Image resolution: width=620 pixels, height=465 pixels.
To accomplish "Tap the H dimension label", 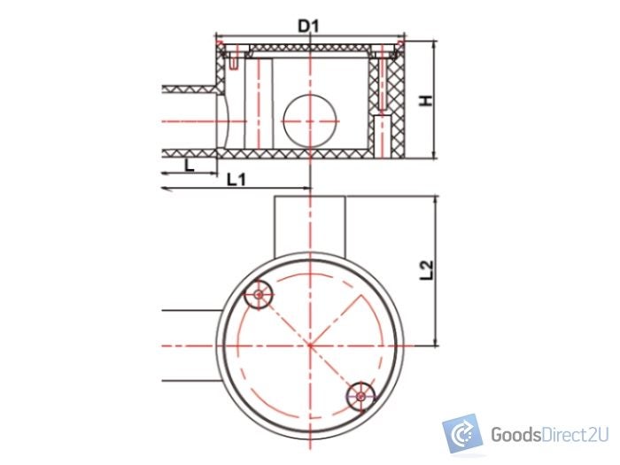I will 427,101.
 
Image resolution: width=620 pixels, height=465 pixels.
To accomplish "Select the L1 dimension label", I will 236,180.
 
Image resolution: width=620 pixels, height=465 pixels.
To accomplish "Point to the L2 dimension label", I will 426,270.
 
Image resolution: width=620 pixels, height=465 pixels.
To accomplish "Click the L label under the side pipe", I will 188,164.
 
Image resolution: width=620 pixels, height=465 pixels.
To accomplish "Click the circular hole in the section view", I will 310,118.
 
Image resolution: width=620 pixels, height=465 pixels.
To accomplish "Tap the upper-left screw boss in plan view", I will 259,295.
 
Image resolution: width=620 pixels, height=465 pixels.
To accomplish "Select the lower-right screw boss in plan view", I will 360,395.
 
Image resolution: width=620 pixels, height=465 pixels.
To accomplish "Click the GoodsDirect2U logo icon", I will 462,434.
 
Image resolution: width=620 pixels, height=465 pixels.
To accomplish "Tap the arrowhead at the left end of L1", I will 166,189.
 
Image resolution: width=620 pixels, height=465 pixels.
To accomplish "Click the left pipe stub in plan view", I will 190,345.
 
